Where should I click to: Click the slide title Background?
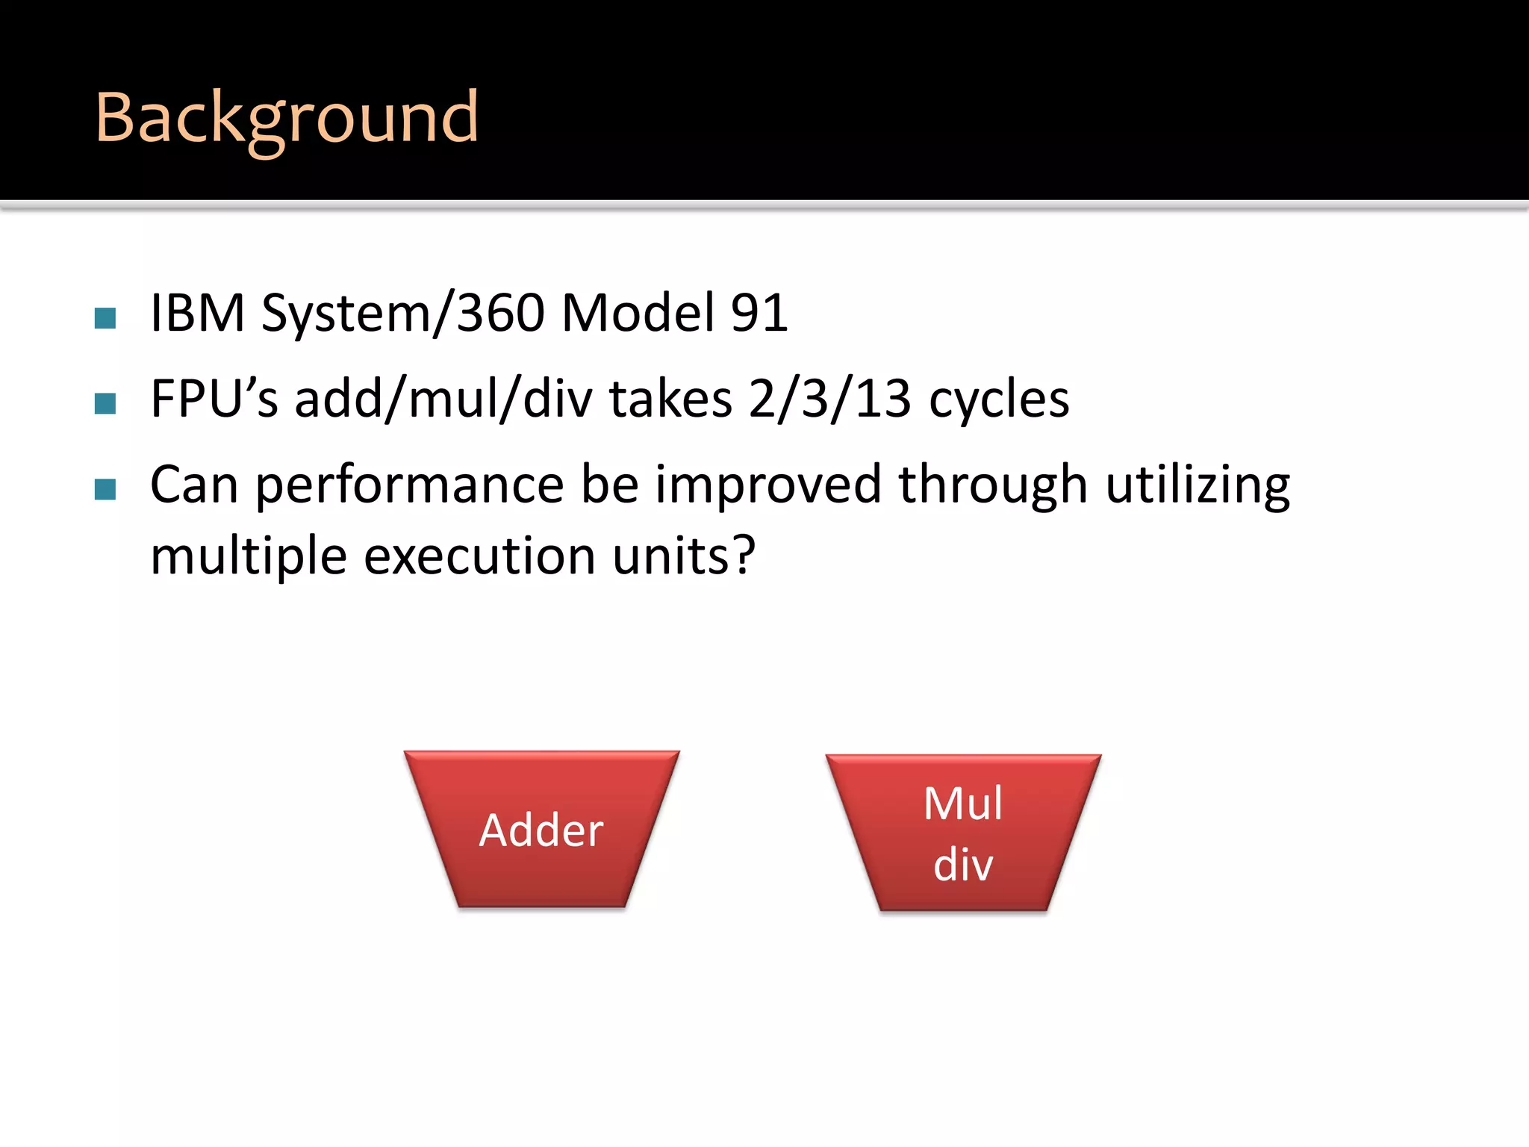pyautogui.click(x=287, y=118)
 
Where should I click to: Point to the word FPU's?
pyautogui.click(x=214, y=399)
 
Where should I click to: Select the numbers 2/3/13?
pyautogui.click(x=829, y=399)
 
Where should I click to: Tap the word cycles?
pyautogui.click(x=998, y=400)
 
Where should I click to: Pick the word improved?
pyautogui.click(x=768, y=485)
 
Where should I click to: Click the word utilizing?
pyautogui.click(x=1197, y=485)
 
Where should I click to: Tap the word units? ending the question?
pyautogui.click(x=684, y=556)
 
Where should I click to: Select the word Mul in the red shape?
pyautogui.click(x=962, y=803)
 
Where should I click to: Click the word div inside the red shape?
pyautogui.click(x=962, y=865)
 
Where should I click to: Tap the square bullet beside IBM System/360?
pyautogui.click(x=105, y=319)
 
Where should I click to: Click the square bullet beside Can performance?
pyautogui.click(x=105, y=490)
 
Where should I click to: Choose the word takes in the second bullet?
pyautogui.click(x=670, y=399)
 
